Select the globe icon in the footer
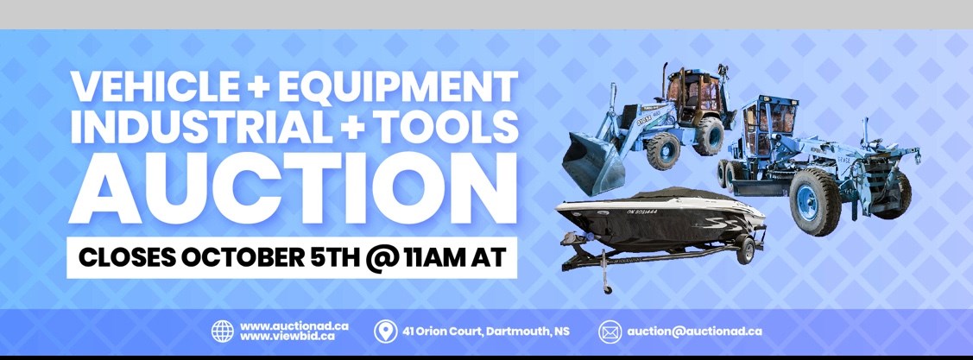[223, 332]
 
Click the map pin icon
[385, 332]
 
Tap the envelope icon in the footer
[610, 332]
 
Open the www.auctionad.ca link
[294, 326]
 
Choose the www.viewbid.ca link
[287, 337]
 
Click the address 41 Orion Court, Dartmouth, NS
[486, 332]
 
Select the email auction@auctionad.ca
[694, 332]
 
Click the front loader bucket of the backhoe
[592, 162]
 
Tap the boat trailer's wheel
[745, 250]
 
